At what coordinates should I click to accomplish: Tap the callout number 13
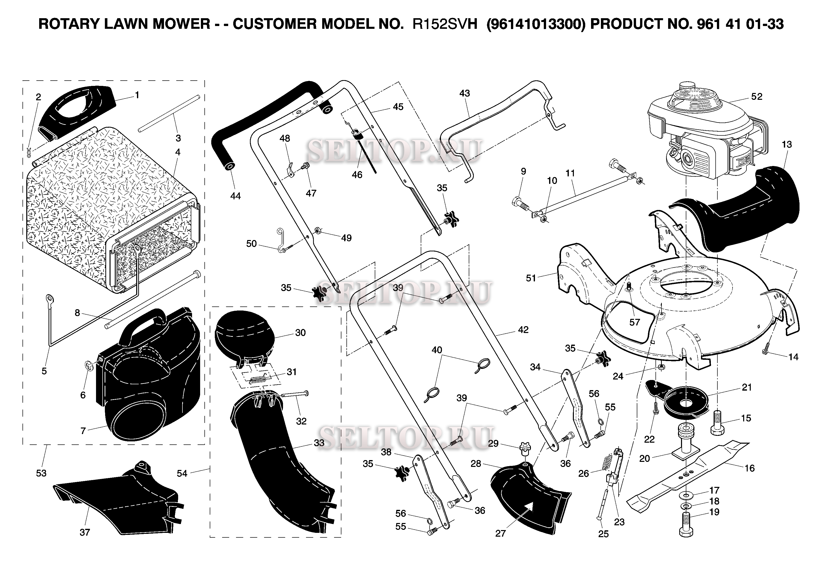click(x=787, y=145)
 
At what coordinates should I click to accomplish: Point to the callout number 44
click(x=235, y=196)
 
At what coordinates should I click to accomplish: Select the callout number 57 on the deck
click(x=634, y=322)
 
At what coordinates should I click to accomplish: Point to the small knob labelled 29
click(x=525, y=449)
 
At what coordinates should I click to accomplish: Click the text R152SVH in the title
click(x=445, y=24)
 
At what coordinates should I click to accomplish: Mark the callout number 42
click(x=523, y=330)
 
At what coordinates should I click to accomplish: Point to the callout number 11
click(x=570, y=173)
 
